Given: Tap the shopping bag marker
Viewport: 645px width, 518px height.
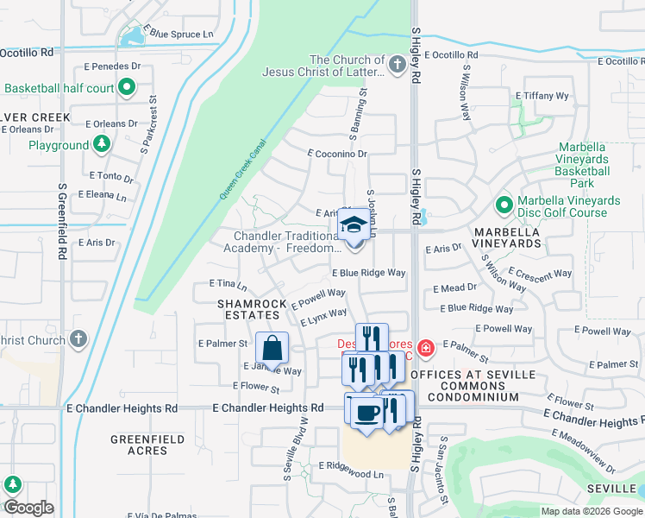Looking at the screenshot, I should (272, 349).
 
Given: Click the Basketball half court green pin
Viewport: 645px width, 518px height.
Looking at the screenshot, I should (127, 87).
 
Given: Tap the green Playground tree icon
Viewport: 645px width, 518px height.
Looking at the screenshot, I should (102, 144).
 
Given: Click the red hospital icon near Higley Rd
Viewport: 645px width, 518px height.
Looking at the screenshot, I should (425, 349).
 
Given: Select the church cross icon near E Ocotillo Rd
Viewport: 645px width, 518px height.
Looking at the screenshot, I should (397, 65).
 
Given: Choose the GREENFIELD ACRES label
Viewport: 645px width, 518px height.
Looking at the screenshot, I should (147, 445).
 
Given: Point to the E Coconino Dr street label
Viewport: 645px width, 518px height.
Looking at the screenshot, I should (337, 154).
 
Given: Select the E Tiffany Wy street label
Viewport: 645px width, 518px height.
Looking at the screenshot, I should (542, 96).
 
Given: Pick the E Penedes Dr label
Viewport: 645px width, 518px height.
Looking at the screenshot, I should (112, 66).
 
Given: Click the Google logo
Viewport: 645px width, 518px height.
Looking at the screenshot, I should (28, 508).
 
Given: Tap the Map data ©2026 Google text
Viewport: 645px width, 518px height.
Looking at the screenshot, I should (590, 511).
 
